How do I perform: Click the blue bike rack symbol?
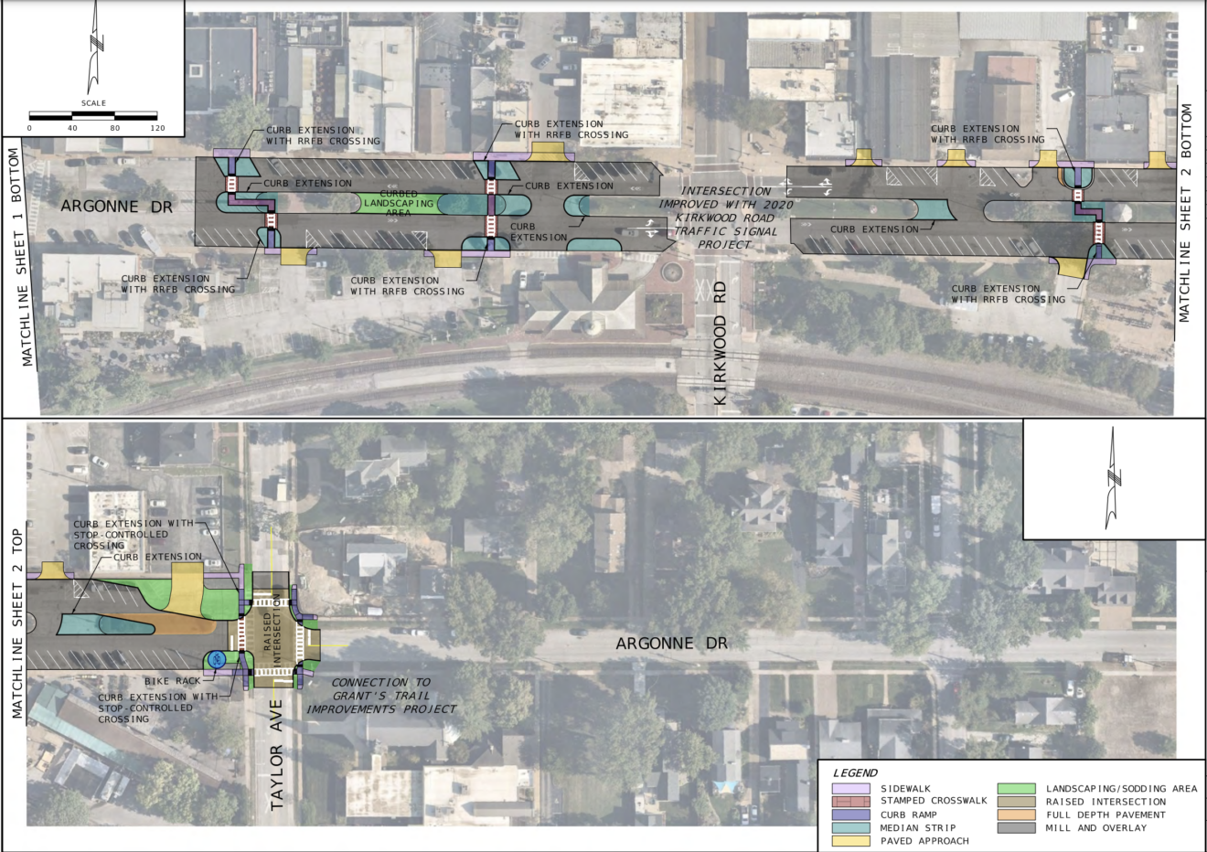pyautogui.click(x=217, y=659)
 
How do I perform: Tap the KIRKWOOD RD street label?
pyautogui.click(x=721, y=343)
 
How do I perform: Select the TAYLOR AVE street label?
pyautogui.click(x=276, y=754)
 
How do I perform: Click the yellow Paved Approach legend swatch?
pyautogui.click(x=850, y=841)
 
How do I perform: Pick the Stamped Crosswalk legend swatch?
pyautogui.click(x=850, y=802)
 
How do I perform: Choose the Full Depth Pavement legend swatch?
pyautogui.click(x=1016, y=815)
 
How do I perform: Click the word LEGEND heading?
pyautogui.click(x=855, y=773)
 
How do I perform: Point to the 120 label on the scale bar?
pyautogui.click(x=157, y=128)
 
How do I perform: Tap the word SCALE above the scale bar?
pyautogui.click(x=94, y=103)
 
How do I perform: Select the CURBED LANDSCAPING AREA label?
pyautogui.click(x=399, y=203)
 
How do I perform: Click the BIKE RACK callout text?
pyautogui.click(x=173, y=681)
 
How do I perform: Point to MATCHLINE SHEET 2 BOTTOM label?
pyautogui.click(x=1184, y=213)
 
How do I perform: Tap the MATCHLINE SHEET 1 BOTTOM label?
pyautogui.click(x=20, y=258)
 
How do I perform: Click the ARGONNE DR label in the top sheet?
pyautogui.click(x=116, y=207)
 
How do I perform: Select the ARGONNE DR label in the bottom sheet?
pyautogui.click(x=671, y=643)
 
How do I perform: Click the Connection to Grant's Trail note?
pyautogui.click(x=381, y=696)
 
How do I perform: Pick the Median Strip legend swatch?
pyautogui.click(x=850, y=827)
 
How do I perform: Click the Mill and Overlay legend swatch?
pyautogui.click(x=1016, y=827)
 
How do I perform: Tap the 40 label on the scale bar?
pyautogui.click(x=72, y=128)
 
